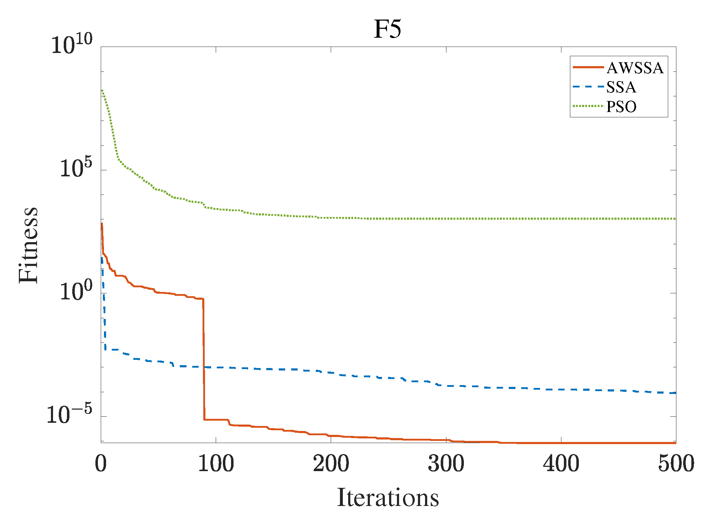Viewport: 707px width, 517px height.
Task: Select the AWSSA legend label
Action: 635,68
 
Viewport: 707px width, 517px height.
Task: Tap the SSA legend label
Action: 621,87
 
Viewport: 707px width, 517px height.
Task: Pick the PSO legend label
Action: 622,107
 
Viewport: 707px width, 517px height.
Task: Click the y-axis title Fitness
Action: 28,245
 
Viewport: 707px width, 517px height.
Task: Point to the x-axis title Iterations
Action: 388,497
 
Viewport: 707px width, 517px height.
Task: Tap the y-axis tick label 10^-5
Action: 70,414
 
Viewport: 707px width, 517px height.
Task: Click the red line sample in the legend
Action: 588,67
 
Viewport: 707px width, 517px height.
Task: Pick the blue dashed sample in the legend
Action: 588,87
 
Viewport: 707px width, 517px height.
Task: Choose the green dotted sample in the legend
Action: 588,106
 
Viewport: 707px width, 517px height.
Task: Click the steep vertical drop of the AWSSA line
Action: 204,359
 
